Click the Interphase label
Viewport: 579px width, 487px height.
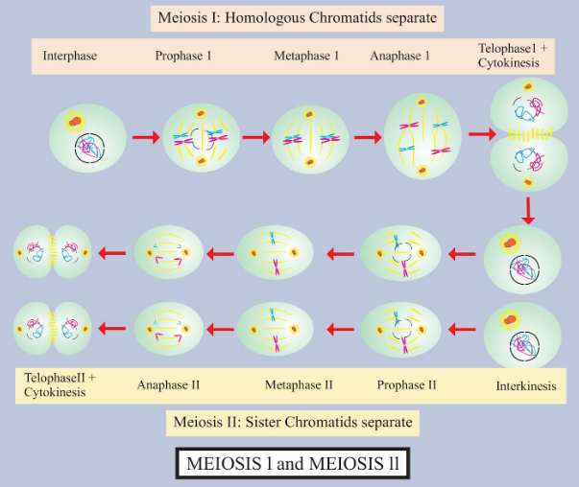[70, 56]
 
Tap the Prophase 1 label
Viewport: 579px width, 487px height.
[183, 56]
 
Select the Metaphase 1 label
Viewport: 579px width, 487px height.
[306, 56]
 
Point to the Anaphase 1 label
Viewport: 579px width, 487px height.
[399, 56]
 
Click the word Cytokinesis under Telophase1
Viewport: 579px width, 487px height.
[509, 63]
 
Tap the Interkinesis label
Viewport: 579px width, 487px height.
[526, 386]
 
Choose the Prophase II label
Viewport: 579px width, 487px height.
[406, 384]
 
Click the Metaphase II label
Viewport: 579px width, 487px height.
[299, 384]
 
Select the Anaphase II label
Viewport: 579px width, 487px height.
[168, 384]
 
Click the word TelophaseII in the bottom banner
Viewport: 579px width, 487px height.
[55, 378]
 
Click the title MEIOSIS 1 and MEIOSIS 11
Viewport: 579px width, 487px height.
[293, 463]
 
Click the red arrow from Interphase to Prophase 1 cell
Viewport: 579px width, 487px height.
[146, 137]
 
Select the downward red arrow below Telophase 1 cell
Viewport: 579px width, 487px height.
[528, 211]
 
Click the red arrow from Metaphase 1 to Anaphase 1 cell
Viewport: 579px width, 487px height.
[368, 137]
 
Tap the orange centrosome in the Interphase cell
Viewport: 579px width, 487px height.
[75, 122]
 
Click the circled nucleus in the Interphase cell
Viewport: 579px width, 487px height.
[89, 149]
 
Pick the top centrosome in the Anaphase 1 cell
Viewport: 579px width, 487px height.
[422, 103]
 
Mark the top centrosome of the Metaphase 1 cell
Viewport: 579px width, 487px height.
[309, 114]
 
